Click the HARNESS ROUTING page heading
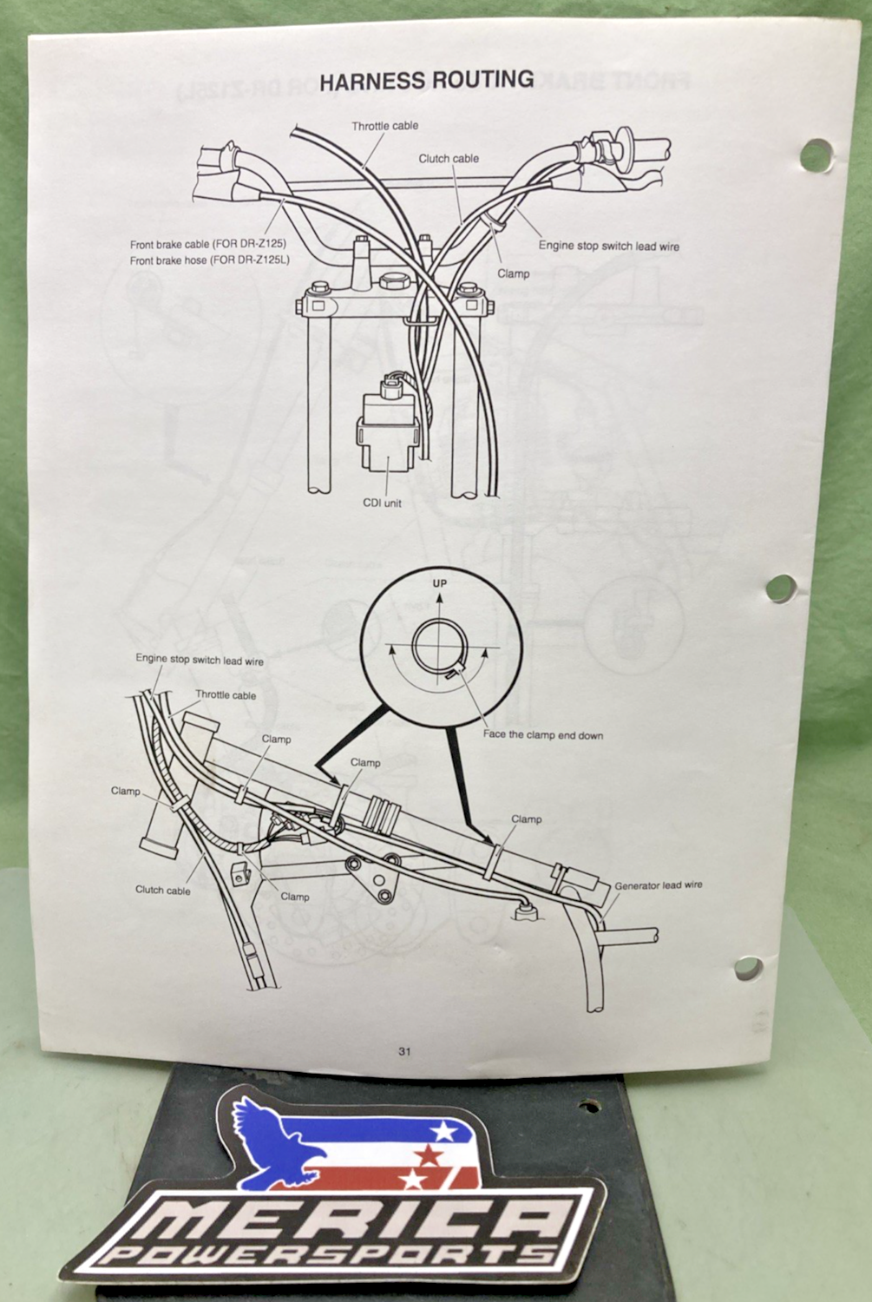(427, 80)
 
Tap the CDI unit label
(383, 503)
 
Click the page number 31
(404, 1051)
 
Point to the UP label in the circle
(440, 582)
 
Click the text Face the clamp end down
(543, 734)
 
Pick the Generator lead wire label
(659, 884)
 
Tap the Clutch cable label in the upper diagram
(449, 158)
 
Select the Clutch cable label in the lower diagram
(162, 890)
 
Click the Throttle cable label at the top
(384, 126)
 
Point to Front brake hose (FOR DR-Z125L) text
(210, 260)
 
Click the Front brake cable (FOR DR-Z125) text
(208, 244)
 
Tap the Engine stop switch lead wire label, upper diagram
(609, 246)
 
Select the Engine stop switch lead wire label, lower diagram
(200, 660)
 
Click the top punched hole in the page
(816, 155)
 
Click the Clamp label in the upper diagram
(513, 273)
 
